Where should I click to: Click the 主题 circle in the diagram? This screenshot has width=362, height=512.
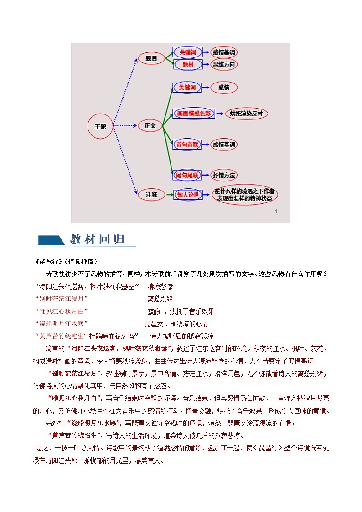pyautogui.click(x=100, y=126)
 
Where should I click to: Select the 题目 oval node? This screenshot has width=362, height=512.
pyautogui.click(x=151, y=58)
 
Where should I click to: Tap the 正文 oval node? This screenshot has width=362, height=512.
pyautogui.click(x=150, y=125)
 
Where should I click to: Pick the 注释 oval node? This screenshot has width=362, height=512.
pyautogui.click(x=151, y=195)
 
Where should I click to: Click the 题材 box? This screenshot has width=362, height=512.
pyautogui.click(x=188, y=65)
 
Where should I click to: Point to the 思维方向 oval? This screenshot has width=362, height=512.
pyautogui.click(x=224, y=65)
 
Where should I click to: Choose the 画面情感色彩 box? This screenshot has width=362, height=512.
pyautogui.click(x=194, y=114)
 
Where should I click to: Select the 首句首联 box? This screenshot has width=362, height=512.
pyautogui.click(x=187, y=145)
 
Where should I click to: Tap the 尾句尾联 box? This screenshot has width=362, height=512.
pyautogui.click(x=187, y=175)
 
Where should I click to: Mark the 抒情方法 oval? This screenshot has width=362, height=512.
pyautogui.click(x=224, y=175)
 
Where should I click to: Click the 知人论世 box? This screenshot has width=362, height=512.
pyautogui.click(x=188, y=195)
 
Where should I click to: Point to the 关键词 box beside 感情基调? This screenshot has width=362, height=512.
pyautogui.click(x=187, y=52)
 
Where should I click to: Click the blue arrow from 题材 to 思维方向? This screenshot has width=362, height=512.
pyautogui.click(x=206, y=65)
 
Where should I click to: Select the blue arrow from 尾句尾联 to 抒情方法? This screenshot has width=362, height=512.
pyautogui.click(x=206, y=175)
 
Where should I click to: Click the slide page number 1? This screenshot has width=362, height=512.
pyautogui.click(x=276, y=212)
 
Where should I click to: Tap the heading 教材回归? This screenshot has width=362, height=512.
pyautogui.click(x=97, y=240)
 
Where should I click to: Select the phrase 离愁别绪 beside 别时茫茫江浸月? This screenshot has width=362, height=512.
pyautogui.click(x=160, y=299)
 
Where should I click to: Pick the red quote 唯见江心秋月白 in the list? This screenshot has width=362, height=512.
pyautogui.click(x=61, y=311)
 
